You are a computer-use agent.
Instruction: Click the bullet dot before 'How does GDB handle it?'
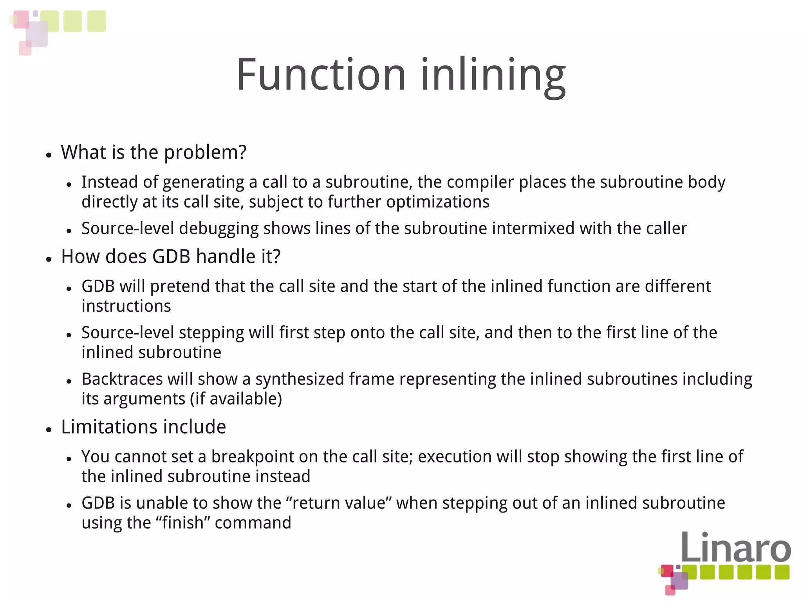[49, 259]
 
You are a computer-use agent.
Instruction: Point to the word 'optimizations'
[437, 202]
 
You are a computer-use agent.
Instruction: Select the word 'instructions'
[126, 306]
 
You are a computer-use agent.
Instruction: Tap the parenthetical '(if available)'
[236, 399]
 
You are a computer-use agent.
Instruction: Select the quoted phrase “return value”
[339, 503]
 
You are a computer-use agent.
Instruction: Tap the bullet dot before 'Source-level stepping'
[69, 335]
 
